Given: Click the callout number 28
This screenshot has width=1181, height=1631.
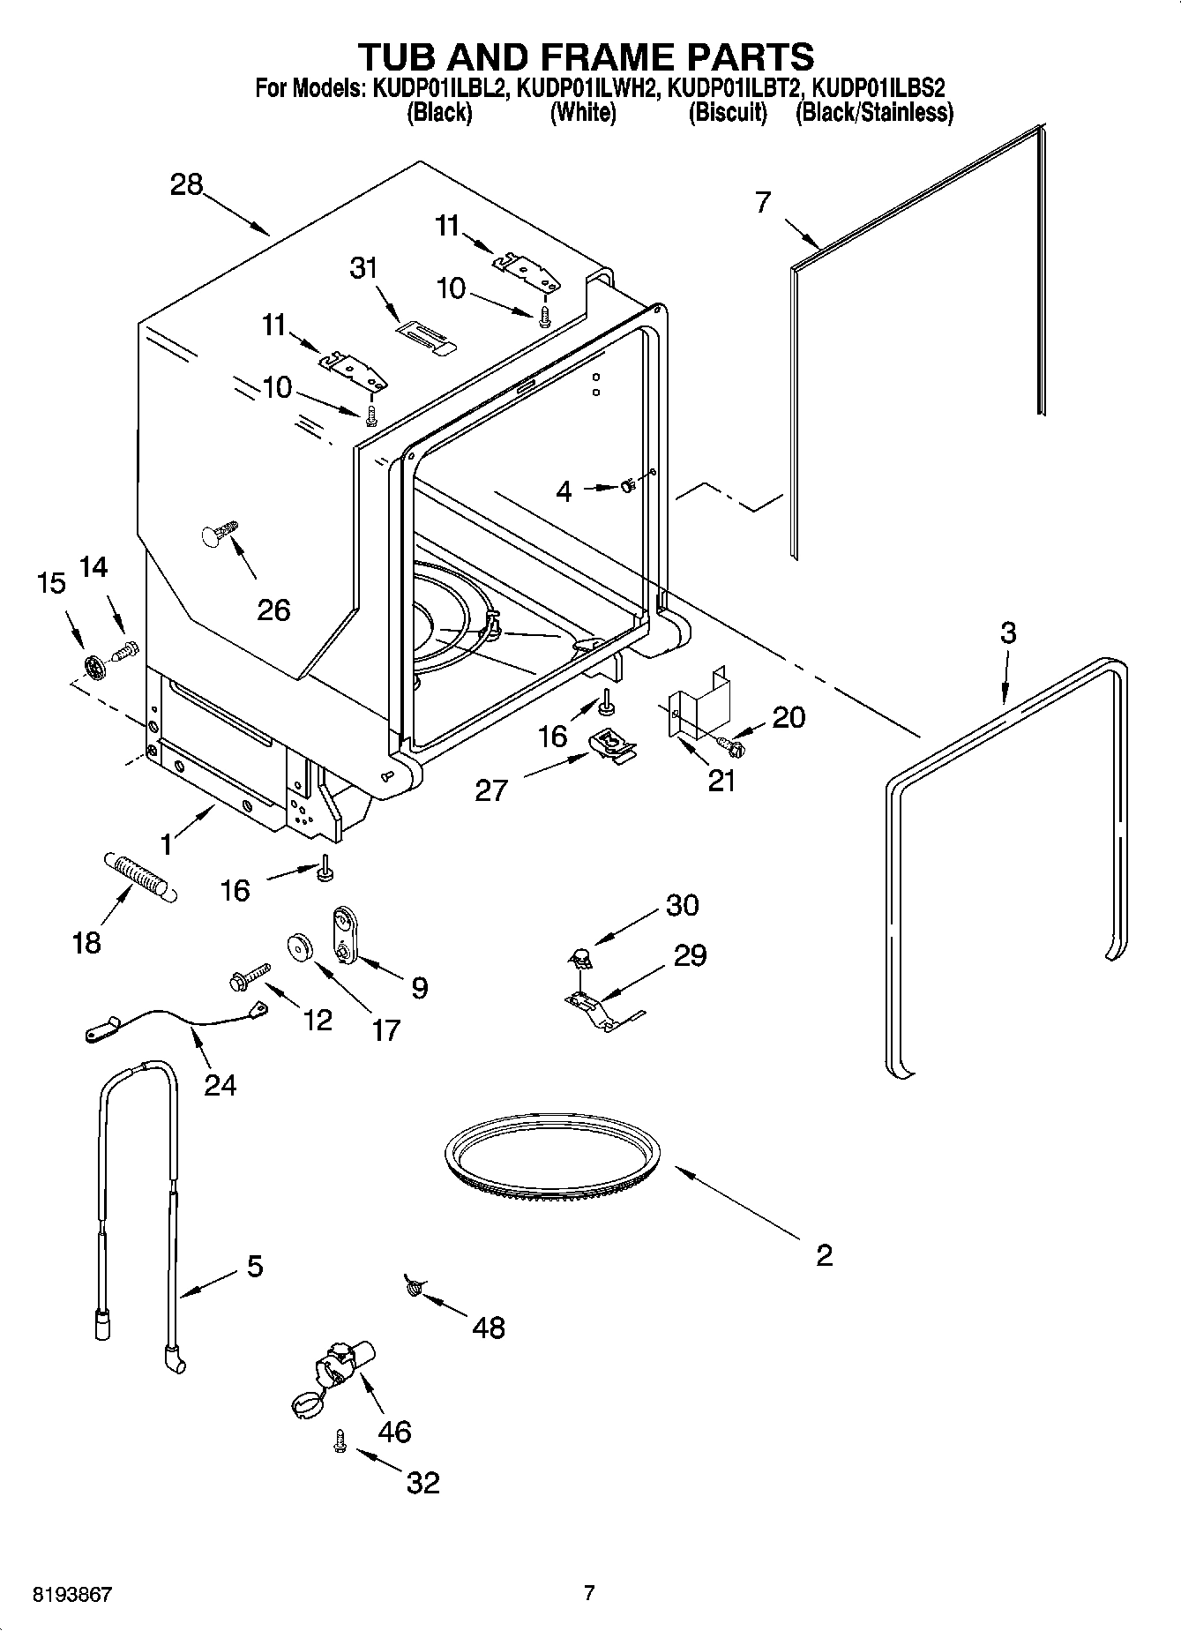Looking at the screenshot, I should pos(186,184).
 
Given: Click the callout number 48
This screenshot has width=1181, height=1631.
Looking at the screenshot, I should pos(489,1327).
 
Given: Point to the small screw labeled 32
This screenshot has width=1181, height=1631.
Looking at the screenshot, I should pos(338,1440).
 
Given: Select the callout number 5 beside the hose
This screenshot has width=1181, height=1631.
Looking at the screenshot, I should pos(254,1267).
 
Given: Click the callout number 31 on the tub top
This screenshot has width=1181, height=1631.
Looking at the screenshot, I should pos(363,267).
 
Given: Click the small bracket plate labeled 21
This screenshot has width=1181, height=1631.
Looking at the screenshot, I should pos(697,701).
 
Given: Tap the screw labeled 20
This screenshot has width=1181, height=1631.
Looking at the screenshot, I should pos(732,746).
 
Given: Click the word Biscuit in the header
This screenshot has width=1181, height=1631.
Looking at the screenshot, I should pos(728,113).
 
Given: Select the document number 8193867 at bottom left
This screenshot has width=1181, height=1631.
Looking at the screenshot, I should pos(72,1594).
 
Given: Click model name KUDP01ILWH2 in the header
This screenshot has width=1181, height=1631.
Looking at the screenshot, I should pos(587,88).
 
